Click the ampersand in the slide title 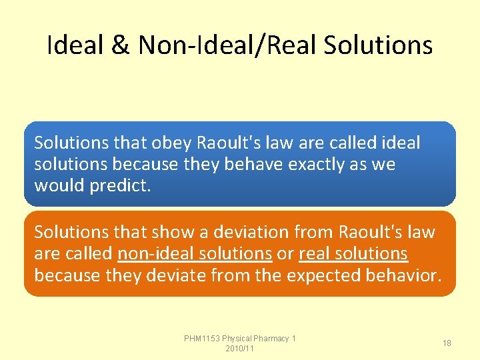tap(121, 45)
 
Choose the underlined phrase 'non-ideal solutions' tap(194, 253)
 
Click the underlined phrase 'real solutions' tap(353, 253)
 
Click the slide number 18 tap(447, 343)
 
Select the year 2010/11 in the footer tap(240, 349)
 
